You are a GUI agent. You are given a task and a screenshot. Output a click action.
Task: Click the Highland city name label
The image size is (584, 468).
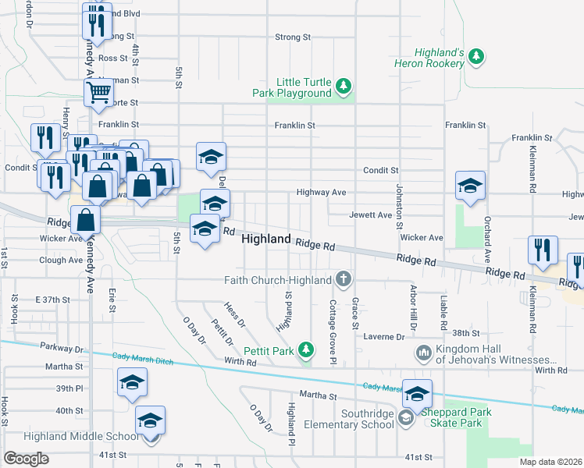tap(266, 239)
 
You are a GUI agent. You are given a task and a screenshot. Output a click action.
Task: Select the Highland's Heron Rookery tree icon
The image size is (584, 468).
tap(475, 57)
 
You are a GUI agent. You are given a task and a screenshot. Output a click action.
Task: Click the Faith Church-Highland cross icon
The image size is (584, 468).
tap(342, 279)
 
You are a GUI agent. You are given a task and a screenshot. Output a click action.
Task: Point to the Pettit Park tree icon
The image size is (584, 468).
tap(308, 351)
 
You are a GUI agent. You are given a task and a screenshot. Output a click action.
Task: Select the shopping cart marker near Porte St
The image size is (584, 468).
tap(99, 92)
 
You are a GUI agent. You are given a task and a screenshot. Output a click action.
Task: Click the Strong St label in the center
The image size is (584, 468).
tap(294, 37)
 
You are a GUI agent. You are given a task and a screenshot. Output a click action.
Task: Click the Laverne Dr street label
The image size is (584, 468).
tap(384, 337)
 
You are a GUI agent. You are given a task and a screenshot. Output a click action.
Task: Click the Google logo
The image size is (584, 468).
tap(27, 459)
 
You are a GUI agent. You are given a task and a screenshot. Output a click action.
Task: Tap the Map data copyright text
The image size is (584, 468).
tap(551, 462)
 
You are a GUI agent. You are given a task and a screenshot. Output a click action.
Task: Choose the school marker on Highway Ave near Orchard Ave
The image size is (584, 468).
tap(470, 186)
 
